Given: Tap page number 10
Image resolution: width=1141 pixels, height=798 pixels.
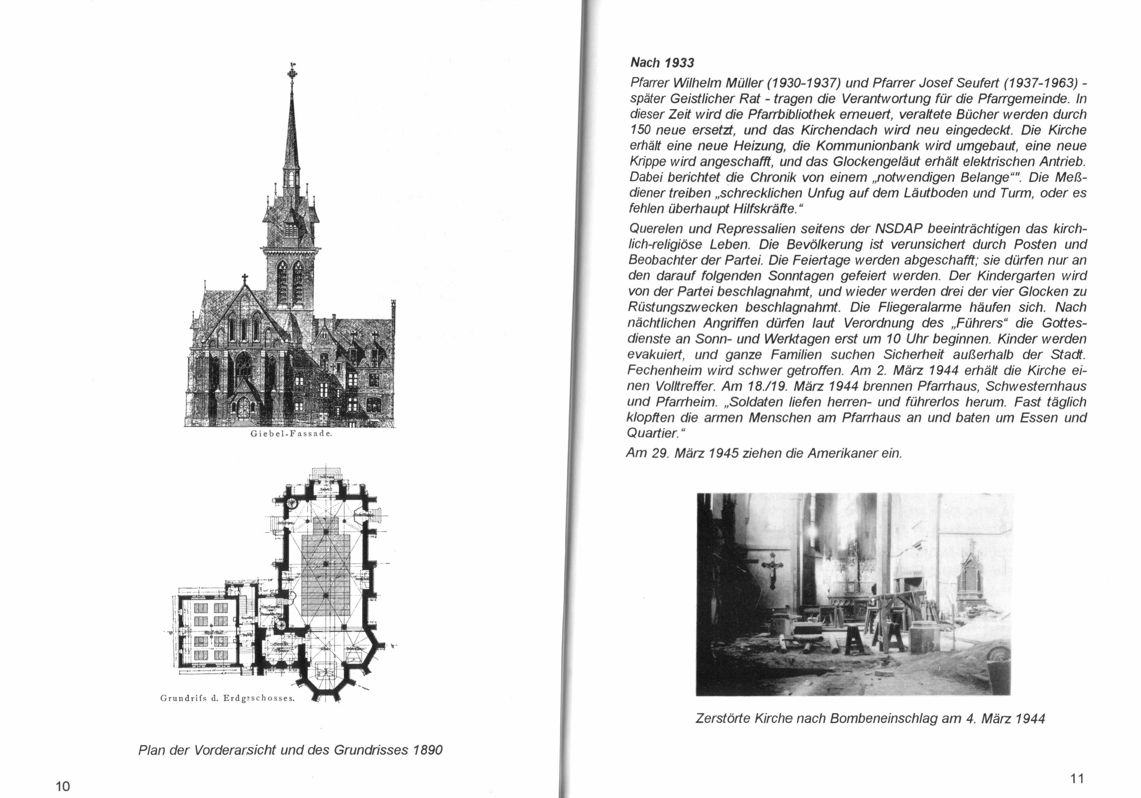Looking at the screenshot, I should (x=63, y=786).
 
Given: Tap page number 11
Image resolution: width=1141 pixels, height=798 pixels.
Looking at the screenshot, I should (x=1077, y=778).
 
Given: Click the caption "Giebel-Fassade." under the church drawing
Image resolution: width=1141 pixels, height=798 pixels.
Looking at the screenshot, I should (x=291, y=434).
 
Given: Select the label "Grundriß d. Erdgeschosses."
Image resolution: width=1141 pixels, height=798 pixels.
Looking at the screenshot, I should (x=227, y=698).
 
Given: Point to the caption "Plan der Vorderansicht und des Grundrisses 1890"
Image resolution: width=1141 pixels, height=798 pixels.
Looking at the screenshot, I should (x=290, y=750).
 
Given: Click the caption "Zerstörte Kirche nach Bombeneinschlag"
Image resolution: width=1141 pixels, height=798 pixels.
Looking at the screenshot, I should (x=870, y=718).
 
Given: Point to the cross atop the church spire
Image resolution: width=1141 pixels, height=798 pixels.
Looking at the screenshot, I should (x=291, y=74).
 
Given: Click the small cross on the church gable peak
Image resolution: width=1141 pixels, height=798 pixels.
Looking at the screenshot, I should (x=244, y=279).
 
